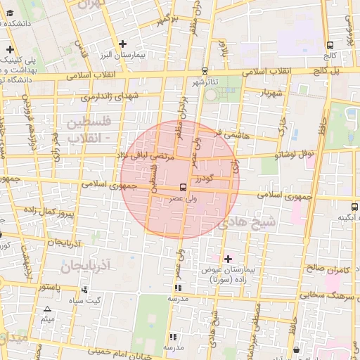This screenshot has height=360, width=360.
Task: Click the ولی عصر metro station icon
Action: coord(183,187)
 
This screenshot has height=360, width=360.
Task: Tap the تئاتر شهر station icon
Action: coord(205,71)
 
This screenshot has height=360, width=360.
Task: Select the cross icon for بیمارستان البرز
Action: coord(124,43)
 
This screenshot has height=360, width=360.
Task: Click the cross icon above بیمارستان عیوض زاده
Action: coord(227,259)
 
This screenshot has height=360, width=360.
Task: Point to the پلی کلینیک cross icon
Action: coord(10,49)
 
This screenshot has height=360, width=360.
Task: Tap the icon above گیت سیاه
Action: coord(85,289)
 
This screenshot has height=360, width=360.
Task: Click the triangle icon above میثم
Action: coord(47,309)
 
